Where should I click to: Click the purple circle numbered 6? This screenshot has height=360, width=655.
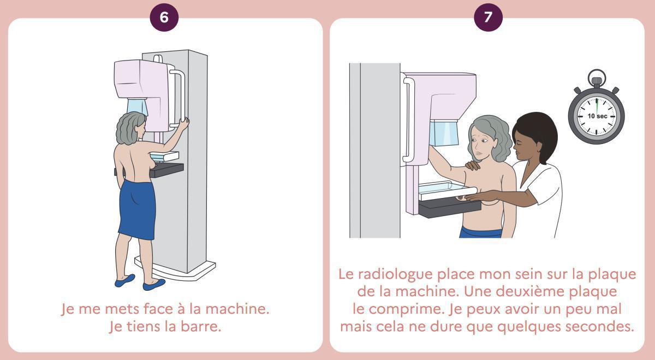pyautogui.click(x=164, y=17)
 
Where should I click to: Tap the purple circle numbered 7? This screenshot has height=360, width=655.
pyautogui.click(x=488, y=17)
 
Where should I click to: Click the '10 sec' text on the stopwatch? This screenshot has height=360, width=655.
pyautogui.click(x=597, y=116)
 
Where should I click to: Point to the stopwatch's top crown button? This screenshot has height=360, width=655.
pyautogui.click(x=597, y=82)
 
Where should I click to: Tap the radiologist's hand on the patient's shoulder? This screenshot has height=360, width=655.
pyautogui.click(x=473, y=165)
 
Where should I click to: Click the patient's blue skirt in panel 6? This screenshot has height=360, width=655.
pyautogui.click(x=138, y=209)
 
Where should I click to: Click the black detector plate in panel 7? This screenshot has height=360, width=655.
pyautogui.click(x=449, y=208)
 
